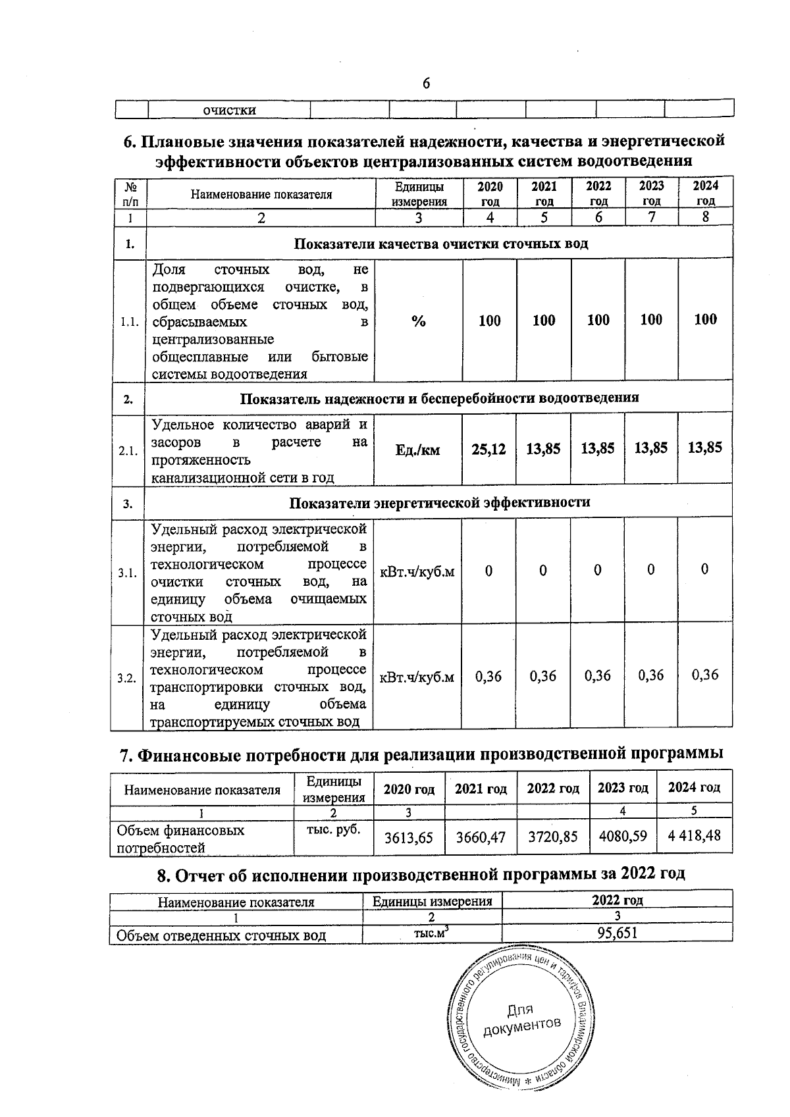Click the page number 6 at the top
(426, 84)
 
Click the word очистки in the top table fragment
(229, 110)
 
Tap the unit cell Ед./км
(417, 450)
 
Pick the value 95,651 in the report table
(617, 933)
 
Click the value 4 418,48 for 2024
(694, 836)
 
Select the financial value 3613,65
(409, 837)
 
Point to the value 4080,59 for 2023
(622, 836)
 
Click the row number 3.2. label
(126, 678)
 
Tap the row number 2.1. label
(127, 452)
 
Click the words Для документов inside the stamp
(521, 1018)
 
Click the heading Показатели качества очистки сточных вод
(440, 244)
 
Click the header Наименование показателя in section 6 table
(261, 194)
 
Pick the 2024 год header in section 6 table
(705, 194)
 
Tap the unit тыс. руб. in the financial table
(334, 829)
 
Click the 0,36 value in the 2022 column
(598, 676)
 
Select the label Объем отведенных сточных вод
(221, 935)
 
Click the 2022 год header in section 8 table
(617, 900)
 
